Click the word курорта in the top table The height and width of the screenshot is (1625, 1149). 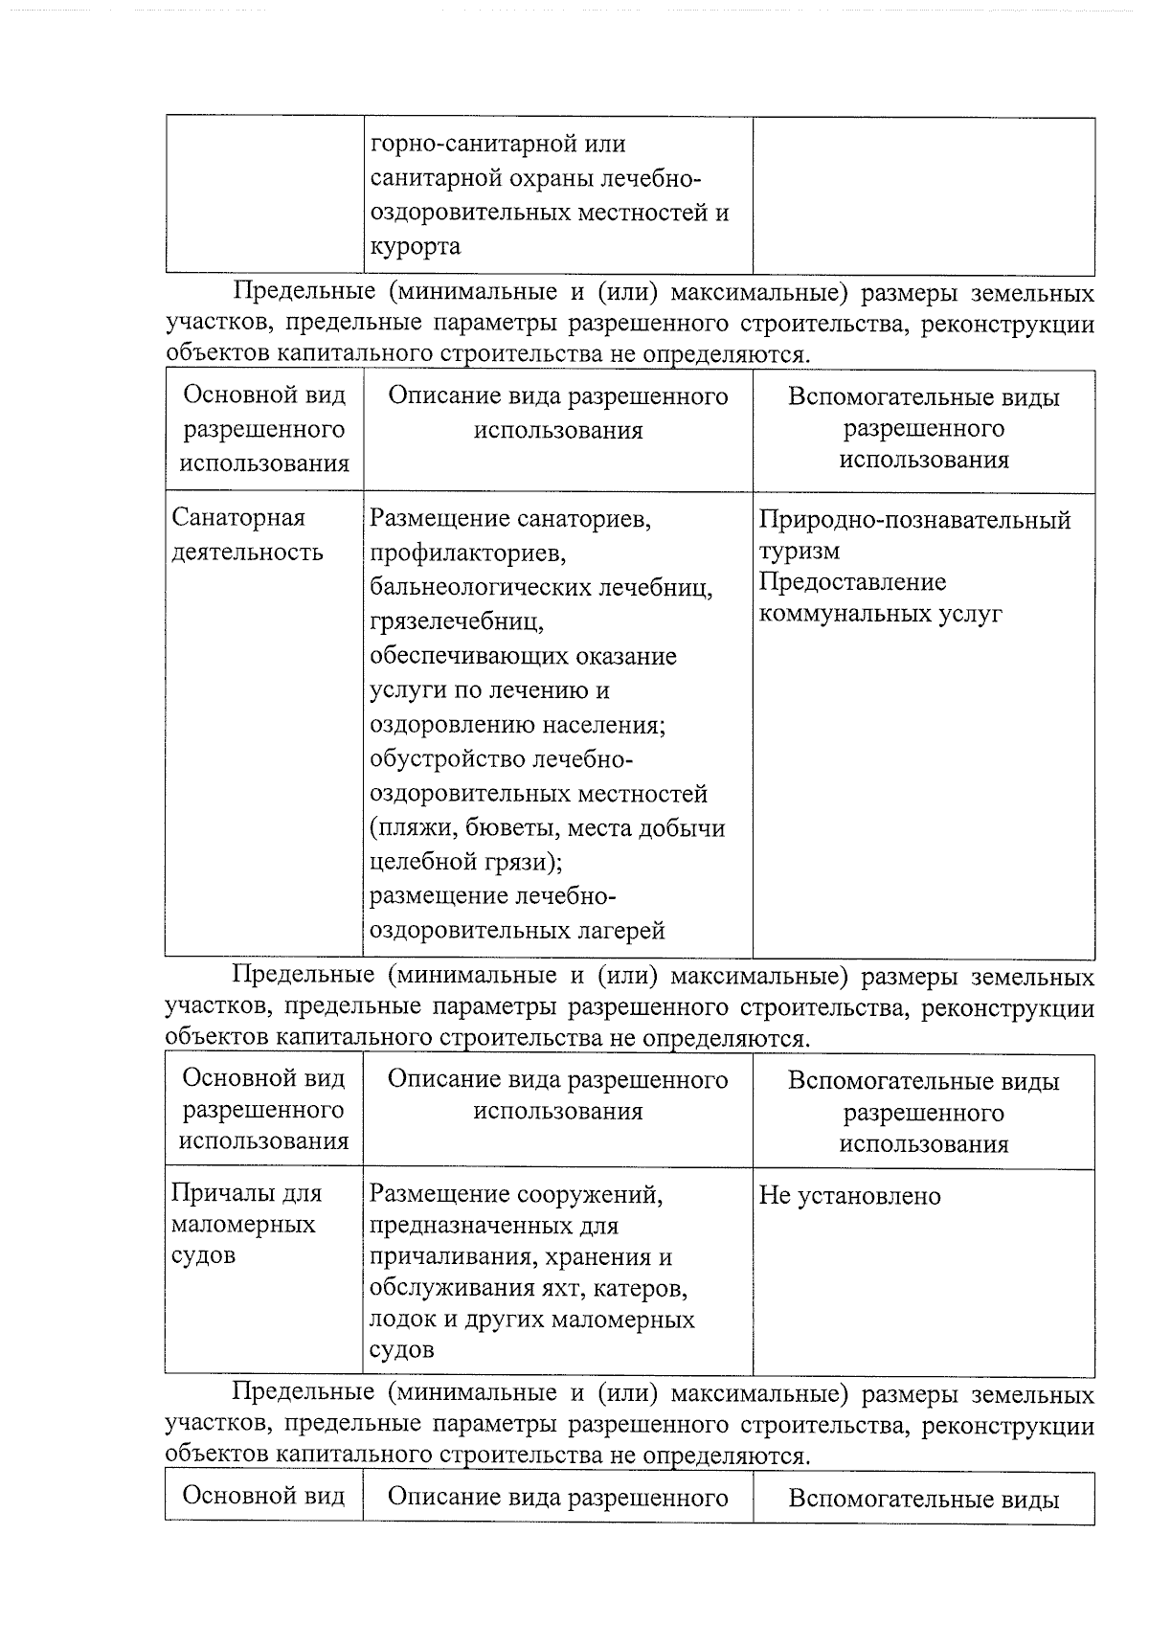(415, 247)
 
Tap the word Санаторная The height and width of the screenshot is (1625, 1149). (238, 518)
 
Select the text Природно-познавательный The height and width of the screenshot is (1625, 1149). (914, 521)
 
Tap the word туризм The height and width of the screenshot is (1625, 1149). (800, 552)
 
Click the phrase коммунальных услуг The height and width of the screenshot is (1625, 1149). (880, 614)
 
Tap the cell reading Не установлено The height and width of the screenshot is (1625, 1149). (849, 1196)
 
